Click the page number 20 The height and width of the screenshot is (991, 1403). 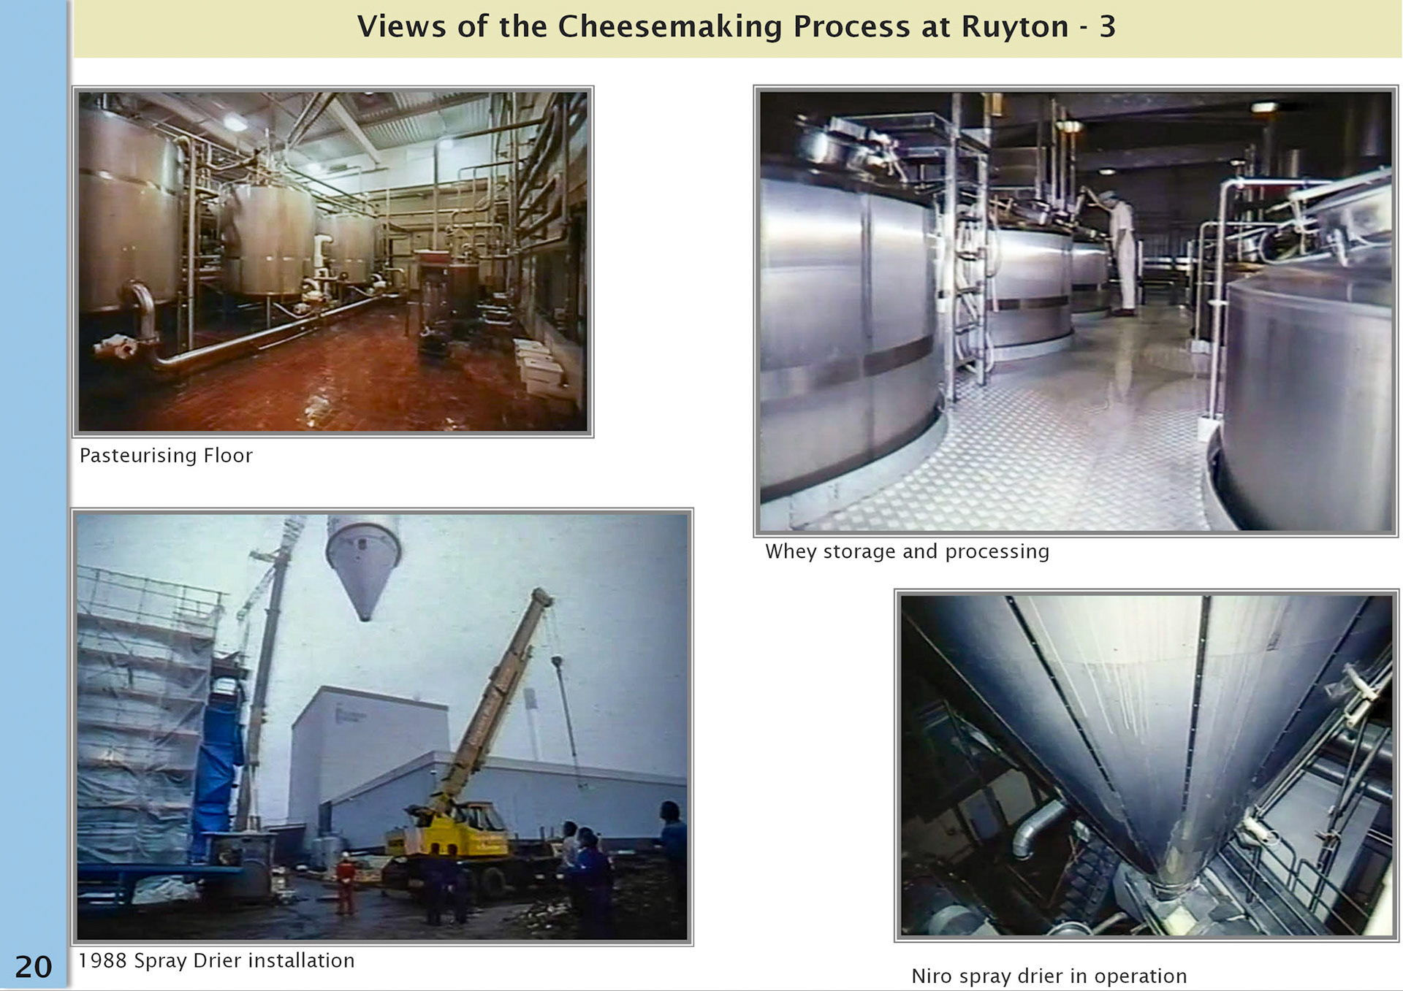click(x=34, y=966)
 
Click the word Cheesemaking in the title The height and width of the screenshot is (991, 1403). click(x=669, y=27)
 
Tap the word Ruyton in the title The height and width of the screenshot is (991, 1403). click(x=1014, y=27)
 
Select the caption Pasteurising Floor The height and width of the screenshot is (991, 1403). click(x=166, y=456)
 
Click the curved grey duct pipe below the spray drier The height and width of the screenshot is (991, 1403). click(x=1038, y=825)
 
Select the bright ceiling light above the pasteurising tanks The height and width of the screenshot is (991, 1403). click(x=235, y=123)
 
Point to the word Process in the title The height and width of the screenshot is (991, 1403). click(x=851, y=27)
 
